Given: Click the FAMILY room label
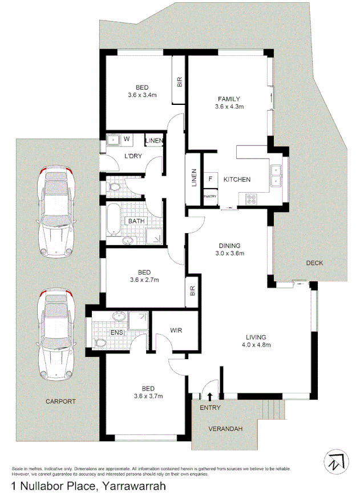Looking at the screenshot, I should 229,99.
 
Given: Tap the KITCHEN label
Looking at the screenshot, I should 237,180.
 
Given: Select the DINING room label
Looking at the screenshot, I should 229,246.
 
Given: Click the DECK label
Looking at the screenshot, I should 314,263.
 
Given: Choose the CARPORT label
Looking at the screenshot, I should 61,401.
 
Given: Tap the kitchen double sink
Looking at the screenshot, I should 277,176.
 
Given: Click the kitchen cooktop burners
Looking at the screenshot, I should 251,200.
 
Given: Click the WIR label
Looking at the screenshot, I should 175,330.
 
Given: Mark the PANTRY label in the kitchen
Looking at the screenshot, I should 211,197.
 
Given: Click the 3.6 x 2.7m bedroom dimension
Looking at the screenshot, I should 144,279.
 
